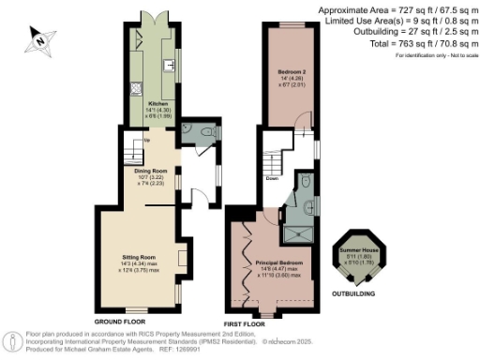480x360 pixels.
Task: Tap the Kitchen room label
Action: [157, 105]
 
